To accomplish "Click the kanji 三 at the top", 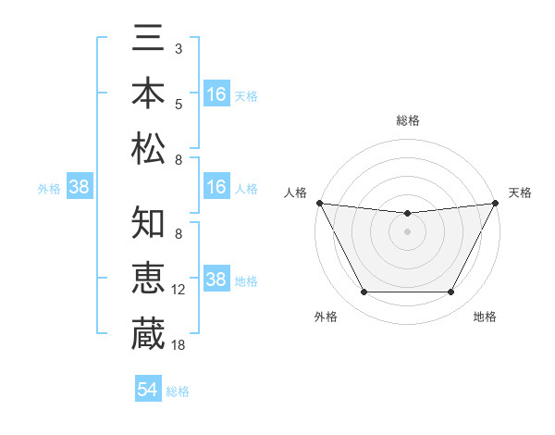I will tap(149, 39).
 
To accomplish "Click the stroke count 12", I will tap(179, 290).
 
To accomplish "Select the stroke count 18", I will tap(179, 344).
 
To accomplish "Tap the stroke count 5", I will tap(179, 105).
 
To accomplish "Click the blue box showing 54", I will tap(147, 390).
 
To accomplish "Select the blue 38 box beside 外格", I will tap(79, 188).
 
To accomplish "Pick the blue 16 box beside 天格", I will tap(216, 93).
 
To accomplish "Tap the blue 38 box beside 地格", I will tap(216, 280).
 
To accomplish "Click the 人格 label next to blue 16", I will tap(246, 188).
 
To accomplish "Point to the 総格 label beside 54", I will tap(178, 391).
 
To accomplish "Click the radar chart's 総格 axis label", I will tap(407, 120).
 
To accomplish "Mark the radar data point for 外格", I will tap(364, 292).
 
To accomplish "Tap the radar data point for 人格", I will tap(319, 203).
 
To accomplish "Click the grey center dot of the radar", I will tap(407, 231).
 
